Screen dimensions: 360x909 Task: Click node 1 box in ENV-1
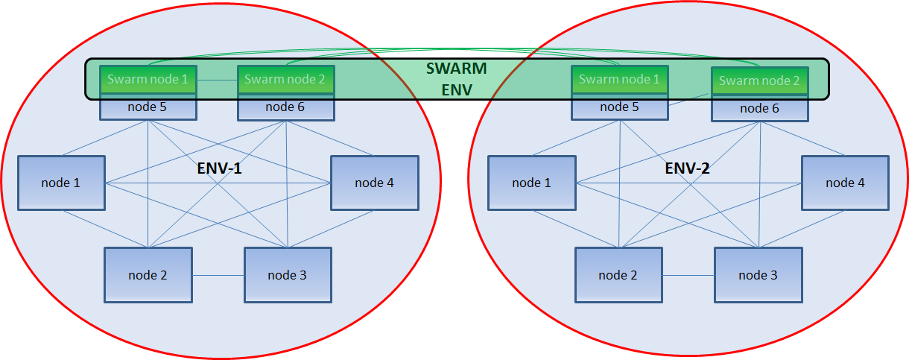pos(62,183)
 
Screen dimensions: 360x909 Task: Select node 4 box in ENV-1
pos(375,183)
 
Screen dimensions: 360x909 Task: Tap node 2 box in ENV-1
pos(148,275)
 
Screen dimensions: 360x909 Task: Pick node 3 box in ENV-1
pos(288,275)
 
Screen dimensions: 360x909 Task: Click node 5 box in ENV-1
pos(148,107)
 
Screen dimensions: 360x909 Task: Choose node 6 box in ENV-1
pos(285,107)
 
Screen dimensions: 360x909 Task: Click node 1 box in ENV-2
pos(532,183)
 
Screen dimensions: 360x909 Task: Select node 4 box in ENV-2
pos(845,183)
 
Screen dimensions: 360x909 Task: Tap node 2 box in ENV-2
pos(618,275)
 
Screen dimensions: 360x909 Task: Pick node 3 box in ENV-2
pos(758,275)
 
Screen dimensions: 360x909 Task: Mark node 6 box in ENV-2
pos(759,109)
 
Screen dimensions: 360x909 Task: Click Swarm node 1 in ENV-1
pos(148,79)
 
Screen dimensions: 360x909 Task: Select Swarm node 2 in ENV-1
pos(285,79)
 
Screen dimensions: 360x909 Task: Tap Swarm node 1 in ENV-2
pos(618,79)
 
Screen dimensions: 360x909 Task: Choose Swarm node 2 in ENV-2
pos(759,80)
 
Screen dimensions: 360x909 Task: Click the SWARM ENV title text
pos(456,79)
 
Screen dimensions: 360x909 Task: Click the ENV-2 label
pos(687,168)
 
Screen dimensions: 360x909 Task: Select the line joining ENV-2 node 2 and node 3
pos(688,276)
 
